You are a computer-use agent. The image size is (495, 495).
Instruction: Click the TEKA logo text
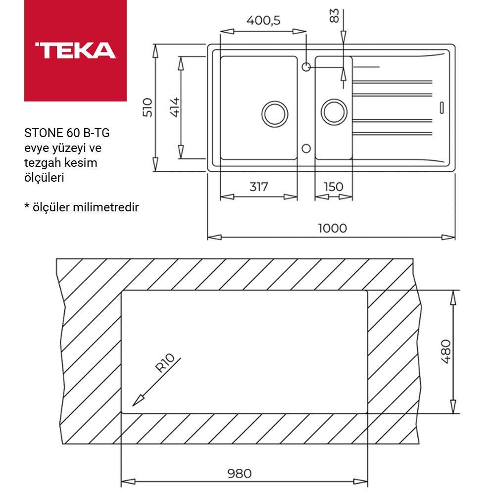tap(75, 50)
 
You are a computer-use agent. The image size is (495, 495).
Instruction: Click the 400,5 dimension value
tap(263, 20)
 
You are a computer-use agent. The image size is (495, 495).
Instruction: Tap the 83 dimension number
tap(335, 16)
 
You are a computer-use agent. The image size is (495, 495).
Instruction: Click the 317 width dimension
tap(258, 187)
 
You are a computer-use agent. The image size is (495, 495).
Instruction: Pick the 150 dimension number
tap(333, 187)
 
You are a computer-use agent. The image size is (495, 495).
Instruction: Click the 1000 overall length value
tap(332, 228)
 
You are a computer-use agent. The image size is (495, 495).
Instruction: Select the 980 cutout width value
tap(240, 474)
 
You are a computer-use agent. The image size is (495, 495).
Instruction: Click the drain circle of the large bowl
tap(274, 113)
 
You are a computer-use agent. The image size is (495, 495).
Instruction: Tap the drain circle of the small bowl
tap(334, 112)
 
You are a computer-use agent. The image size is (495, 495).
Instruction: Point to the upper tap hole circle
tap(306, 66)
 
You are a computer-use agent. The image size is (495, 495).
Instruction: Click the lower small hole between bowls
tap(306, 148)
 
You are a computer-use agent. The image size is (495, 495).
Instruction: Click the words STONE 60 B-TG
tap(67, 133)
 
